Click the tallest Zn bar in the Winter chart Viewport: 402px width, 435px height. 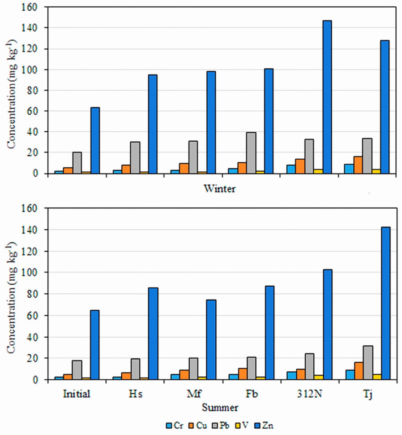(327, 97)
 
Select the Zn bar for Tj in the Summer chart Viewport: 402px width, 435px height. (385, 303)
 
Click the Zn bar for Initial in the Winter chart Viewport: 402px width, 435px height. (95, 140)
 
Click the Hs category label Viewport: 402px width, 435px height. (136, 395)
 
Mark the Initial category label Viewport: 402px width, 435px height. (77, 395)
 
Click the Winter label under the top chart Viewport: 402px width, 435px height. (220, 189)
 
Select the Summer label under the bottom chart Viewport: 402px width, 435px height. (220, 407)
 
